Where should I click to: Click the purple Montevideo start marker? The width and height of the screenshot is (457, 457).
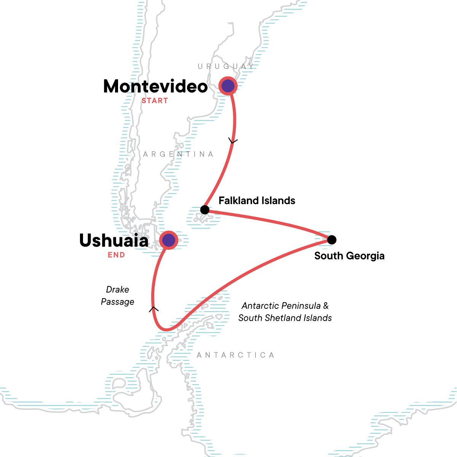coord(228,86)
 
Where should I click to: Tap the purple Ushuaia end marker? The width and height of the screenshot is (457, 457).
coord(168,240)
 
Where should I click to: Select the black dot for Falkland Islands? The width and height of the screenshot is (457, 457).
coord(205,209)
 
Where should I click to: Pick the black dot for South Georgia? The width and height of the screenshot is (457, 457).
coord(332,240)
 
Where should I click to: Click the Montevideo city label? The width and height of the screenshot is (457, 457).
coord(155,86)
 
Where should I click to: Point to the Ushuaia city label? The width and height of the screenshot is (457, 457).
coord(114,241)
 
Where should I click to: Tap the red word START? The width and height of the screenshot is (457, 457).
coord(155,101)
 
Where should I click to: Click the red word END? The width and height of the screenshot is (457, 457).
coord(116,255)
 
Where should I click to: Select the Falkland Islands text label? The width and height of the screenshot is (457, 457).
coord(257,201)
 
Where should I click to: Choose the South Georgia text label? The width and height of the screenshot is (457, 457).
coord(349,256)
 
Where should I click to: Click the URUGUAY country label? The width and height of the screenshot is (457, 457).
coord(225,67)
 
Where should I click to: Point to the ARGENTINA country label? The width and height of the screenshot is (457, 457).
coord(178,154)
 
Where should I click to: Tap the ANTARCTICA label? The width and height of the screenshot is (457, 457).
coord(235,355)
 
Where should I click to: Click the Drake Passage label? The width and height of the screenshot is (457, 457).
coord(118,296)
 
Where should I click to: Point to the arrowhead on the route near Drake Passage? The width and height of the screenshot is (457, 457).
coord(153,309)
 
